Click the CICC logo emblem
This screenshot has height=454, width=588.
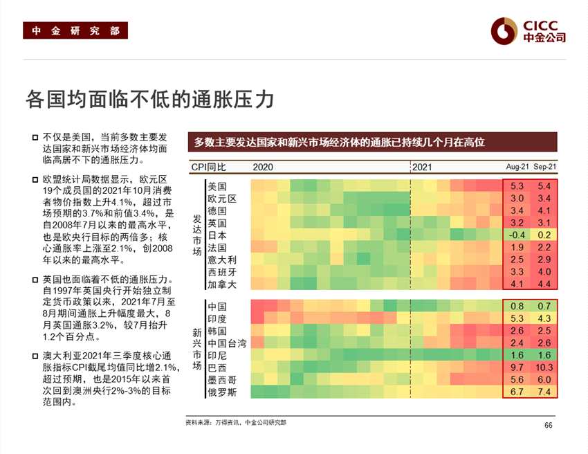[x=504, y=30]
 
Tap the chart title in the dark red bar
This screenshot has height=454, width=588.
[x=340, y=142]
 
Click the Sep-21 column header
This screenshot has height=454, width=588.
[x=545, y=167]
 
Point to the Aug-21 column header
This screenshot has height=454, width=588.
[x=517, y=167]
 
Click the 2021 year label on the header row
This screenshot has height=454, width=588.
[x=423, y=167]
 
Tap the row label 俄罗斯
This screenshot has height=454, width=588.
[x=222, y=392]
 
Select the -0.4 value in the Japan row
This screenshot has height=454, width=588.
[x=517, y=235]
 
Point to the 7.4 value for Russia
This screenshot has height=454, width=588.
[x=544, y=392]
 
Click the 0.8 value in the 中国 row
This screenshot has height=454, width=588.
[x=517, y=306]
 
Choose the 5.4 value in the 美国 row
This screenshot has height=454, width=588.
[x=544, y=186]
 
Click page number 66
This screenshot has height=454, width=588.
[x=549, y=425]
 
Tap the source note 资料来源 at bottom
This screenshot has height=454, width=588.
[x=235, y=422]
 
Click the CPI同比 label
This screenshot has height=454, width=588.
[x=208, y=167]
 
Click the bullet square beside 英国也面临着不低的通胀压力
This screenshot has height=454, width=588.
[x=35, y=279]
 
